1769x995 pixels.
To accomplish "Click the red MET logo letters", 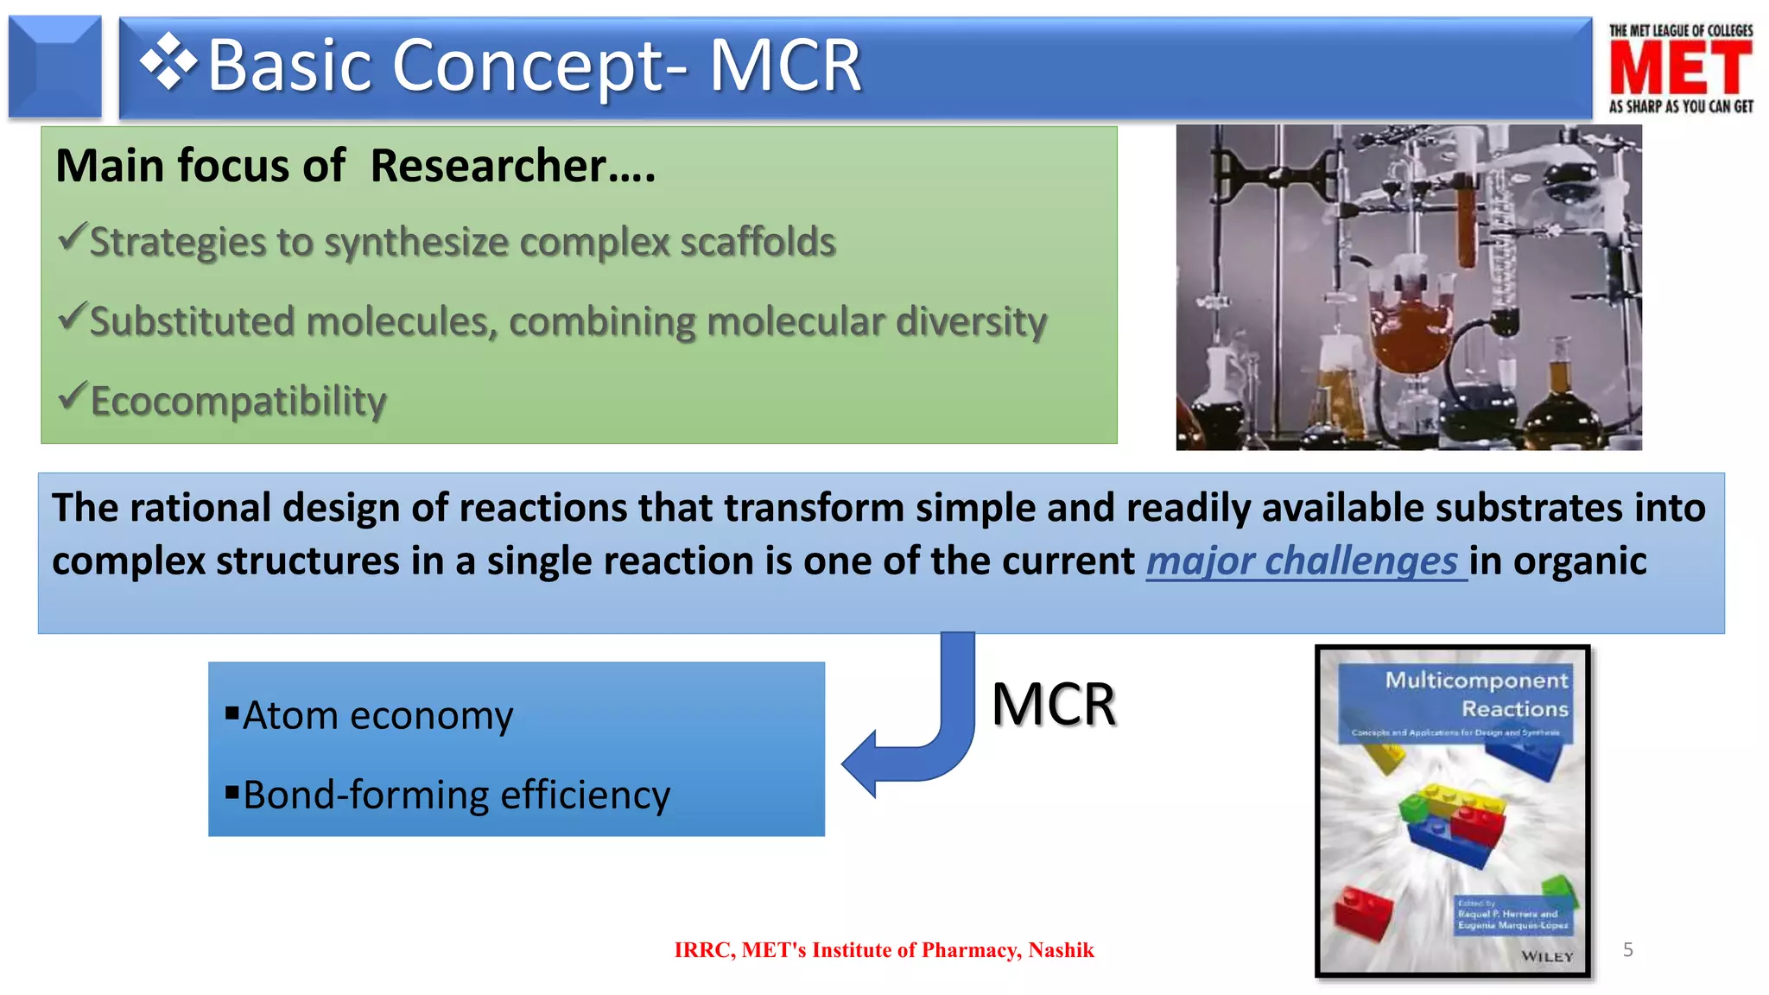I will coord(1680,68).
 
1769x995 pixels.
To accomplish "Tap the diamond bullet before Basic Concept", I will coord(168,62).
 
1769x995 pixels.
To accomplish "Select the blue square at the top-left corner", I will coord(54,67).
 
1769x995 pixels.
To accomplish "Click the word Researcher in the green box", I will coord(489,166).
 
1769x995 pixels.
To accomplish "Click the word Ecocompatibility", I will coord(238,402).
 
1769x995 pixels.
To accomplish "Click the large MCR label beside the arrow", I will coord(1053,704).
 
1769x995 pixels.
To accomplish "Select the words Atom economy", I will coord(377,716).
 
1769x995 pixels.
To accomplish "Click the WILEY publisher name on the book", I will coord(1547,956).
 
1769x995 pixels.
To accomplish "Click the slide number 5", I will coord(1627,950).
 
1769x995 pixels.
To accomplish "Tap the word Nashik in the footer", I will coord(1061,950).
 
